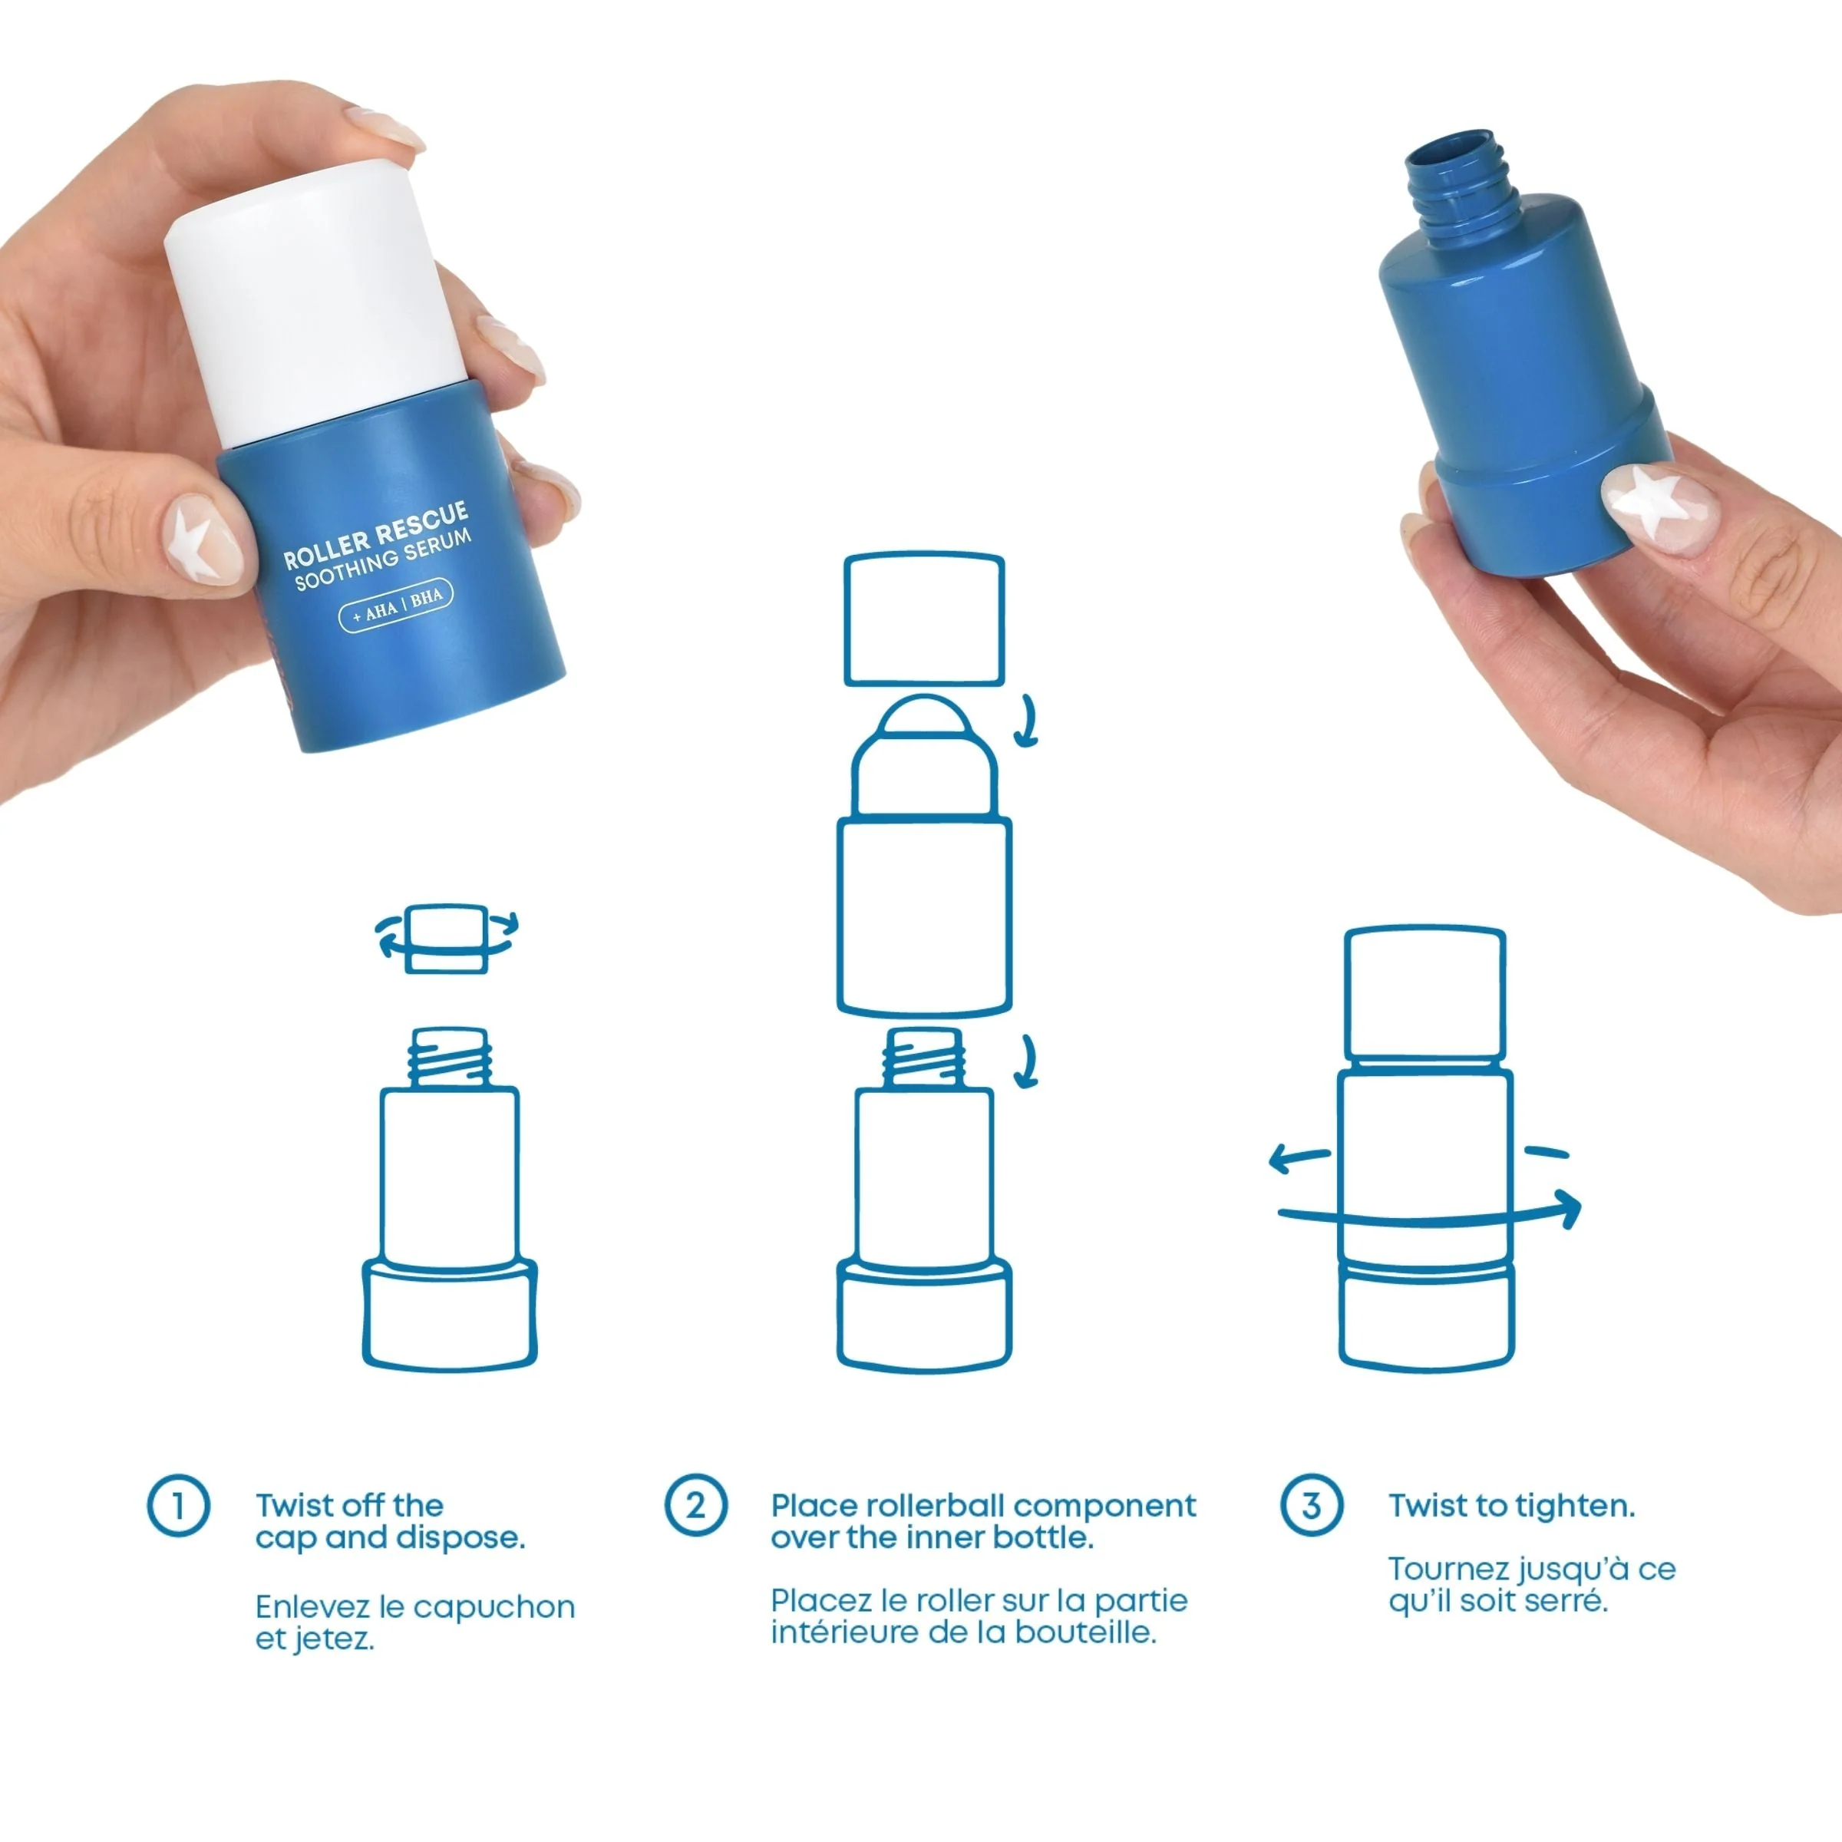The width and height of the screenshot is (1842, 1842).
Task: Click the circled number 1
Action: click(178, 1507)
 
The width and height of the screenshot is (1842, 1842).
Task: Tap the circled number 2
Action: click(695, 1507)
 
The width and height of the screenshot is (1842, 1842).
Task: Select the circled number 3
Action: click(1311, 1507)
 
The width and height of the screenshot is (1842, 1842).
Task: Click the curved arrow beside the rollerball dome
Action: click(1026, 720)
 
